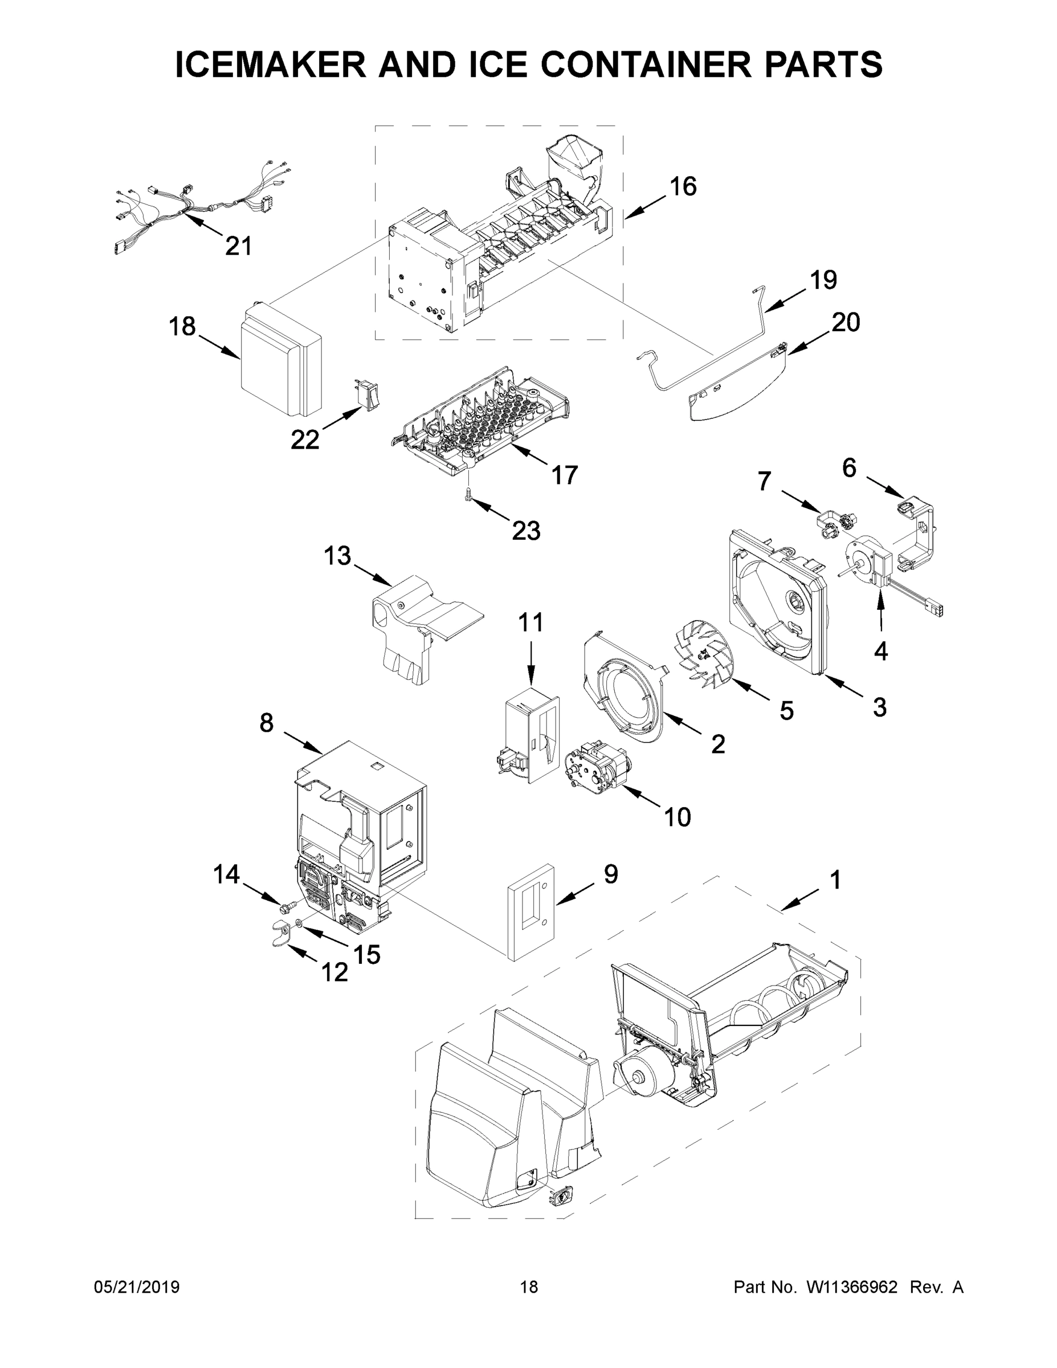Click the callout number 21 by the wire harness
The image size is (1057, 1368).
coord(238,246)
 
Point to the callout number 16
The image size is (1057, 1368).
coord(683,186)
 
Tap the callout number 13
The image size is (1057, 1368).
coord(337,556)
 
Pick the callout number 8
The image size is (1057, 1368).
coord(266,723)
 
